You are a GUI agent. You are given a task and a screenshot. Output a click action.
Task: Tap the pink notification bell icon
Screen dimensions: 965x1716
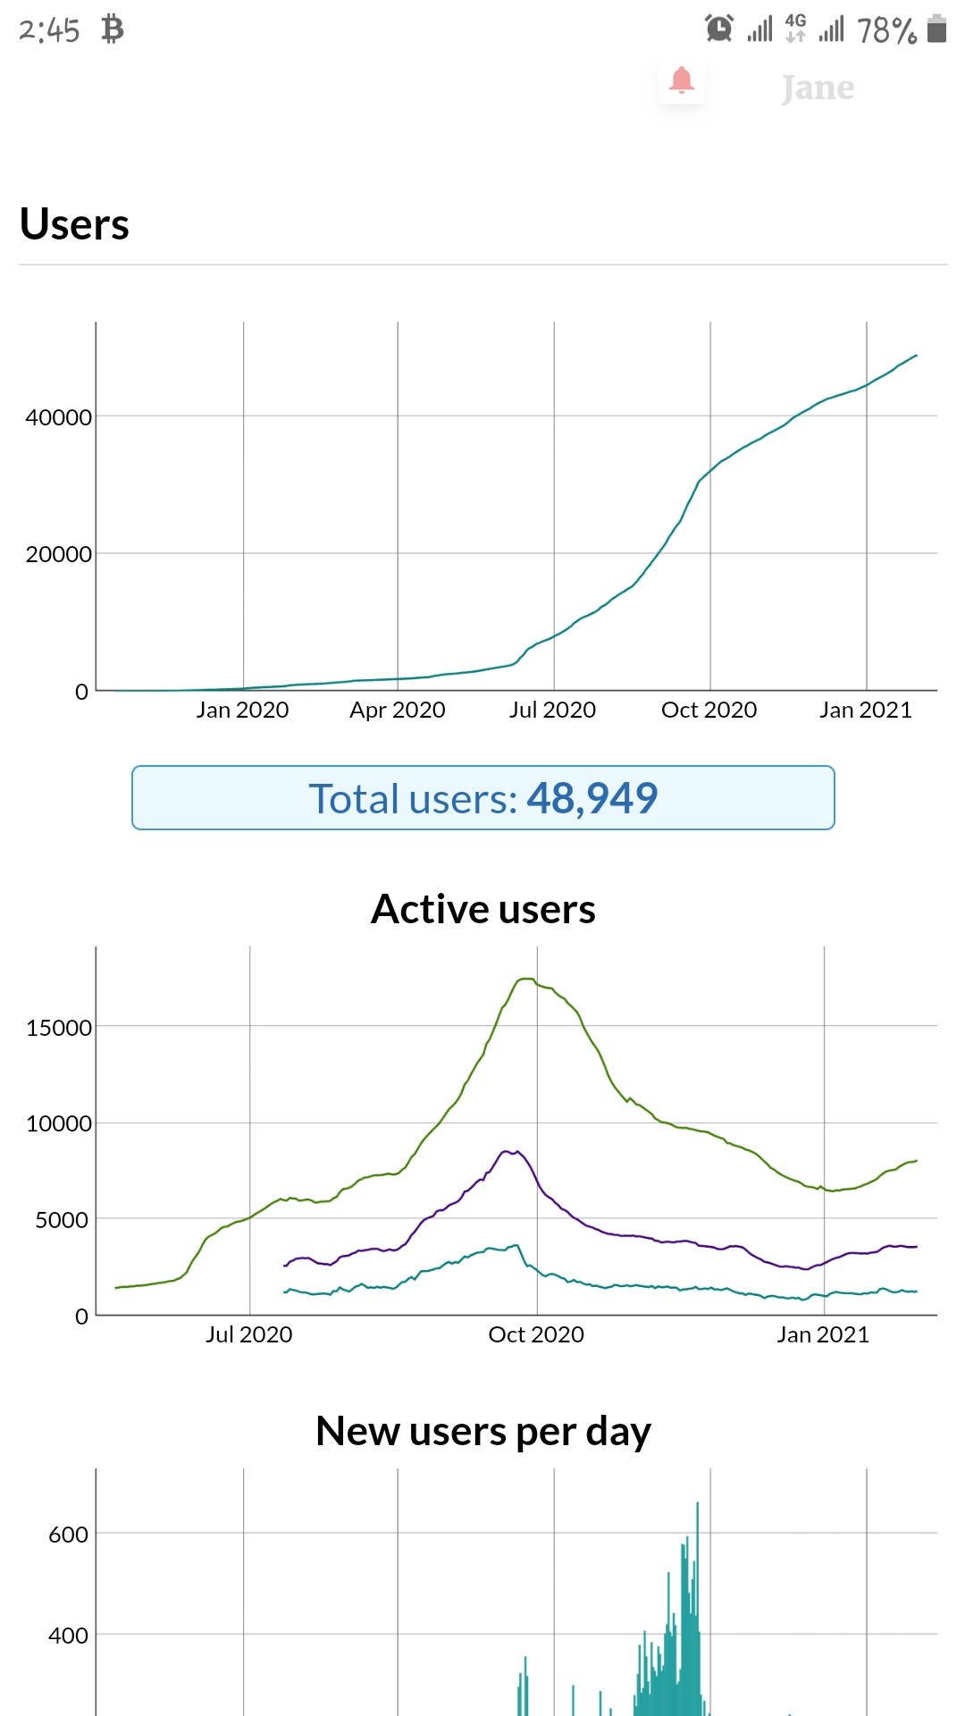pyautogui.click(x=682, y=80)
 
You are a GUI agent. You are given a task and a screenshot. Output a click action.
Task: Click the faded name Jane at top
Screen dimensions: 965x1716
pyautogui.click(x=818, y=88)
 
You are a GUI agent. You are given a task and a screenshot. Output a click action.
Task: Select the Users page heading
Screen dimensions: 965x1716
pyautogui.click(x=74, y=223)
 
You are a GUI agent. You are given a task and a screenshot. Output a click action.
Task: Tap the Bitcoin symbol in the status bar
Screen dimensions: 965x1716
pyautogui.click(x=112, y=29)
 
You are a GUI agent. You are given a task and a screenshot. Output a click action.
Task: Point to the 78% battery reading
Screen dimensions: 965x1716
pyautogui.click(x=887, y=31)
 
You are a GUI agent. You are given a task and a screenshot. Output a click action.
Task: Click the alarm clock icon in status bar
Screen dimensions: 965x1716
pyautogui.click(x=719, y=29)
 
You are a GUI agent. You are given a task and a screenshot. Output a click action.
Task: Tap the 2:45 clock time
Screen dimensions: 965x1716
pyautogui.click(x=49, y=31)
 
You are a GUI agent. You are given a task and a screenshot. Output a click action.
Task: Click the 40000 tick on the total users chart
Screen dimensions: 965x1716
pyautogui.click(x=58, y=417)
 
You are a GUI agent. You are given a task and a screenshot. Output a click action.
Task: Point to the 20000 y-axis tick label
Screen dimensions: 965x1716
pyautogui.click(x=58, y=554)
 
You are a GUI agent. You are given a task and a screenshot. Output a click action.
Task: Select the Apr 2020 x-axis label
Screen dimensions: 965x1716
pyautogui.click(x=398, y=710)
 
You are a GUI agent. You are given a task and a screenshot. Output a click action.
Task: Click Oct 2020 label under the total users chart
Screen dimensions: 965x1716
pyautogui.click(x=709, y=710)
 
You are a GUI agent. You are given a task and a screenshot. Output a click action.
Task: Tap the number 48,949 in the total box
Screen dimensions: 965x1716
pyautogui.click(x=592, y=798)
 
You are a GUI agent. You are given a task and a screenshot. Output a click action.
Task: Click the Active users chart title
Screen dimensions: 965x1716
pyautogui.click(x=483, y=909)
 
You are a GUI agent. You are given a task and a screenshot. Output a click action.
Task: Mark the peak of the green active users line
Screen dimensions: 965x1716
pyautogui.click(x=526, y=979)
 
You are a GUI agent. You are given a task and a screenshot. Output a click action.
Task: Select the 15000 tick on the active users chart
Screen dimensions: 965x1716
pyautogui.click(x=58, y=1028)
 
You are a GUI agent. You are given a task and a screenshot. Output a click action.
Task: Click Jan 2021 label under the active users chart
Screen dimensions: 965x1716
pyautogui.click(x=823, y=1334)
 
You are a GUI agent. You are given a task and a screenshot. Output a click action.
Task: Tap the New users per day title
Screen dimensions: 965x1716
pyautogui.click(x=483, y=1432)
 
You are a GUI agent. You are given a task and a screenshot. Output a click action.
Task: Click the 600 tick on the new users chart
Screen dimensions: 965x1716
pyautogui.click(x=68, y=1535)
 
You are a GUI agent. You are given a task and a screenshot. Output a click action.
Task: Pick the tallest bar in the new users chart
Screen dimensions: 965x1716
pyautogui.click(x=697, y=1609)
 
